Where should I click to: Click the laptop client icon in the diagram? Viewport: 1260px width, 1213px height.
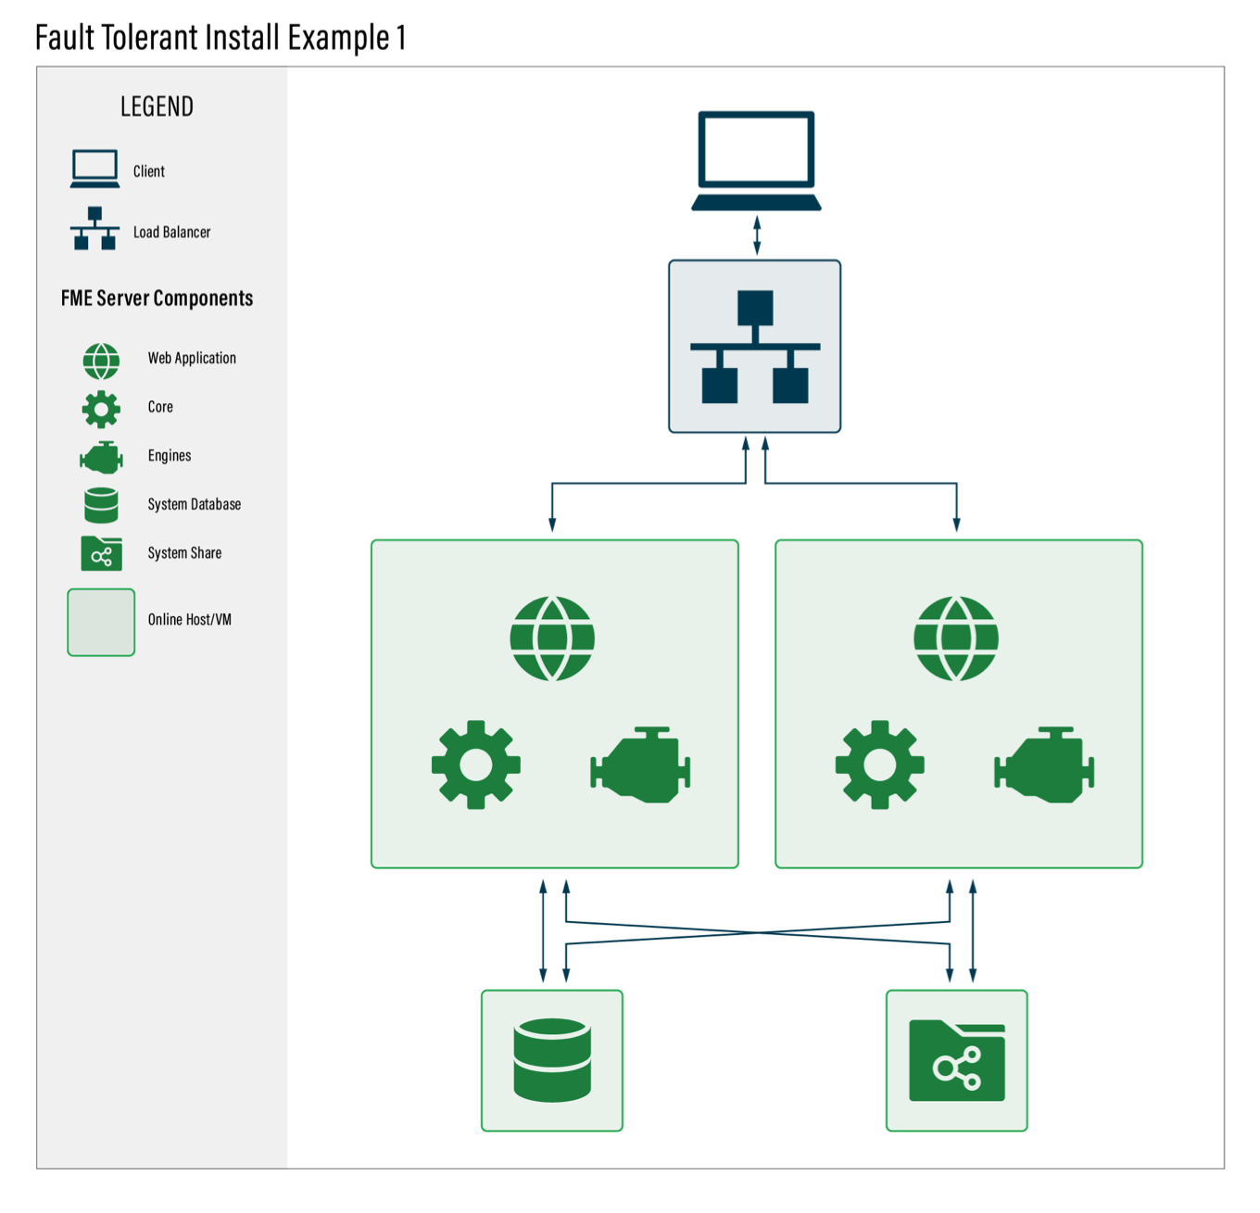[x=756, y=160]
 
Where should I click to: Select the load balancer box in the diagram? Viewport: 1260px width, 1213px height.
[x=755, y=347]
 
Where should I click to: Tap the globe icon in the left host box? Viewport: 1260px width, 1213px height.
[x=552, y=638]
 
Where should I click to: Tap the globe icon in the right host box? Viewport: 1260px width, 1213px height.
[x=956, y=638]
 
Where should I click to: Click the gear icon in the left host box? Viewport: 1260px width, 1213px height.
[x=476, y=764]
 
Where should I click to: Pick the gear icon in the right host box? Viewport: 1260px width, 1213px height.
[x=880, y=764]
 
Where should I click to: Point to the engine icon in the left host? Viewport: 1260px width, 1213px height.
[x=641, y=764]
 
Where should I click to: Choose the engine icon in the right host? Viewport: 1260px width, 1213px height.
[x=1045, y=764]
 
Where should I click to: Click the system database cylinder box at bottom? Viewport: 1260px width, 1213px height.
[x=552, y=1060]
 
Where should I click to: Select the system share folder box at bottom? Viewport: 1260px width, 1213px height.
[x=957, y=1060]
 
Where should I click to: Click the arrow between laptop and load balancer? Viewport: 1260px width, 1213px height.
[x=757, y=235]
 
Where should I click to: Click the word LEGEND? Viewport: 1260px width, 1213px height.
[x=157, y=107]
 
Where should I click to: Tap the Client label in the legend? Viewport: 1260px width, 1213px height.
[x=149, y=171]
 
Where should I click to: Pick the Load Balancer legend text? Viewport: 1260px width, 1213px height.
[x=171, y=233]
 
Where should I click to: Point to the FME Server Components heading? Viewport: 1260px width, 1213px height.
[x=157, y=298]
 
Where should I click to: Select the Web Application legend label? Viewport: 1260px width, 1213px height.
[x=192, y=359]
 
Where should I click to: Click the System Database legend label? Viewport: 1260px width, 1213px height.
[x=195, y=504]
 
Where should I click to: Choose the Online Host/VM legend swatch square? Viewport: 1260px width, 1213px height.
[x=101, y=622]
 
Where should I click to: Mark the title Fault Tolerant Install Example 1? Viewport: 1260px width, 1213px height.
[x=220, y=38]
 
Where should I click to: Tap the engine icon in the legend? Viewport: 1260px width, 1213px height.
[x=101, y=457]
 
